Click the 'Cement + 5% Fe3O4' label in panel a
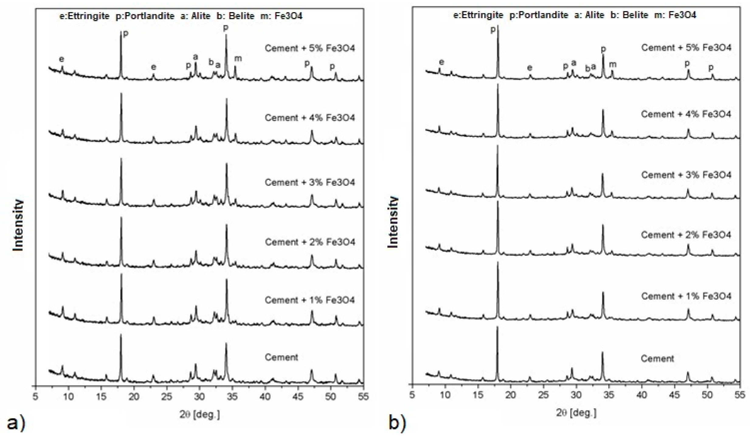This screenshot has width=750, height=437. tap(309, 48)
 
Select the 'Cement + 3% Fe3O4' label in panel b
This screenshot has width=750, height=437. tap(686, 175)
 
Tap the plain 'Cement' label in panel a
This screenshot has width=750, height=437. tap(281, 357)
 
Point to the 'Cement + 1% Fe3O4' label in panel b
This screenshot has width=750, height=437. tap(686, 296)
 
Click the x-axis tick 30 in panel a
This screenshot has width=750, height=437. tap(199, 397)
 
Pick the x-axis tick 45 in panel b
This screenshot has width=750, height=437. tap(675, 395)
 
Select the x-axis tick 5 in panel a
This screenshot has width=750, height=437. tap(36, 397)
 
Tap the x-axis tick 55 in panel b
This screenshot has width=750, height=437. tap(740, 395)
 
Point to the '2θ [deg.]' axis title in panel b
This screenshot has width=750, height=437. tap(576, 413)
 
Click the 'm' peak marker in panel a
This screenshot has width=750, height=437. tap(238, 58)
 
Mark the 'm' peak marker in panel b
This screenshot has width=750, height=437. tap(613, 64)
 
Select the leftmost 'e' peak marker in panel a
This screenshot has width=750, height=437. tap(62, 59)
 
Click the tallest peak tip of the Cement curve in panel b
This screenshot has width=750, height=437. tap(497, 328)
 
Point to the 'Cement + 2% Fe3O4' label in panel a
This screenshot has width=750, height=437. tap(309, 242)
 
